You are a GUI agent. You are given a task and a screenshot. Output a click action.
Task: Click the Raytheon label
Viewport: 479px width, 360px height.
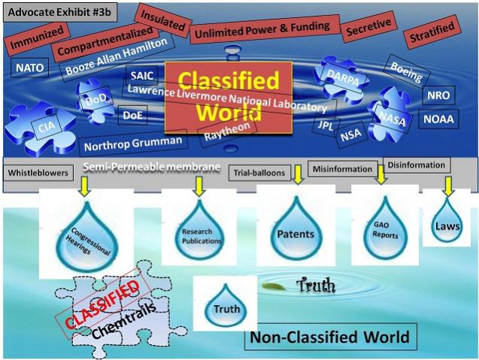tap(224, 133)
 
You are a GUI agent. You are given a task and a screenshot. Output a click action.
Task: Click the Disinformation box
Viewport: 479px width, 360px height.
tap(416, 165)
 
